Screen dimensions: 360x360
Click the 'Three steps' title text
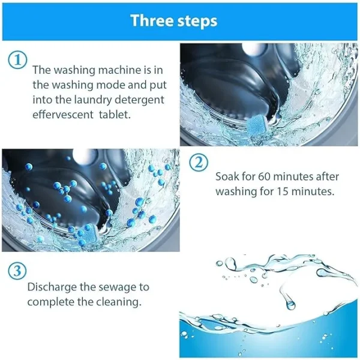pos(174,20)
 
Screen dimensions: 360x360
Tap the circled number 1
pos(17,60)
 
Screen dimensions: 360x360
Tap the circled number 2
pos(199,163)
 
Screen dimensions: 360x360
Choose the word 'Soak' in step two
pos(227,177)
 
